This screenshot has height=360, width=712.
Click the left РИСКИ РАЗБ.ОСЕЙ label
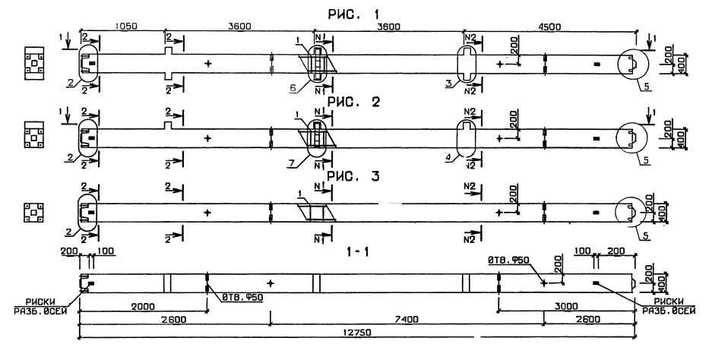tap(36, 306)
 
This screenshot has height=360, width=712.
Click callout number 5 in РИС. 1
tap(644, 87)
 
